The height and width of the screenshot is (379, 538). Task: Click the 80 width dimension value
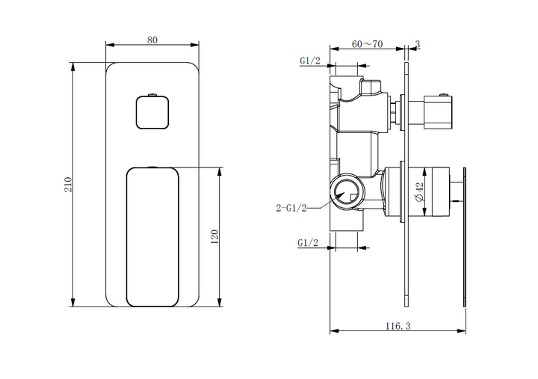click(x=152, y=40)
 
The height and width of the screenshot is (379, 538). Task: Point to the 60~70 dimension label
click(x=367, y=44)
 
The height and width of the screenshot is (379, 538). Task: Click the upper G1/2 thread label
click(x=309, y=61)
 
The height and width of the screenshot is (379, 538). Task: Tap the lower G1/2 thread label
click(x=308, y=243)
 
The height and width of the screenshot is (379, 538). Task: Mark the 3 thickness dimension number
click(x=418, y=45)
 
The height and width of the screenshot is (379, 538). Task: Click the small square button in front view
click(x=152, y=113)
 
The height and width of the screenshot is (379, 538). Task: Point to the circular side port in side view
click(x=345, y=192)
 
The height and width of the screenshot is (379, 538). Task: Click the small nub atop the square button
click(x=152, y=95)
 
